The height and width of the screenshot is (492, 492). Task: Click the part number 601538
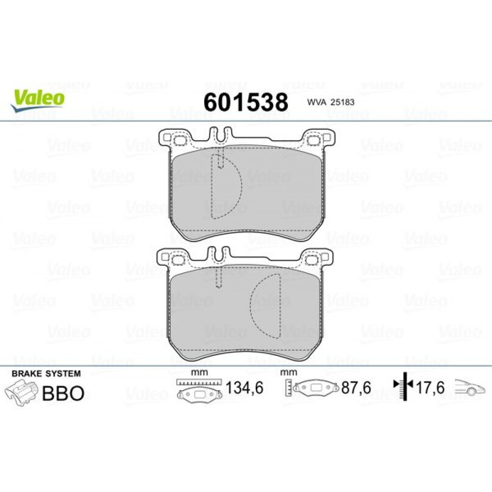point(246,102)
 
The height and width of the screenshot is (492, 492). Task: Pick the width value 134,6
point(244,388)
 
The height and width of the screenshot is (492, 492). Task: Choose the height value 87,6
point(356,388)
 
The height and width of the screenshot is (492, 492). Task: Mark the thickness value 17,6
point(430,388)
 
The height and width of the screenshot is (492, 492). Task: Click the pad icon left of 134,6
point(200,395)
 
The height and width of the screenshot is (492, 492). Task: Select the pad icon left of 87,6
point(315,388)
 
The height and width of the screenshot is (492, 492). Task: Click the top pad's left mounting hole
point(179,140)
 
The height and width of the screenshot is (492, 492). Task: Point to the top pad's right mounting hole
point(311,140)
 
